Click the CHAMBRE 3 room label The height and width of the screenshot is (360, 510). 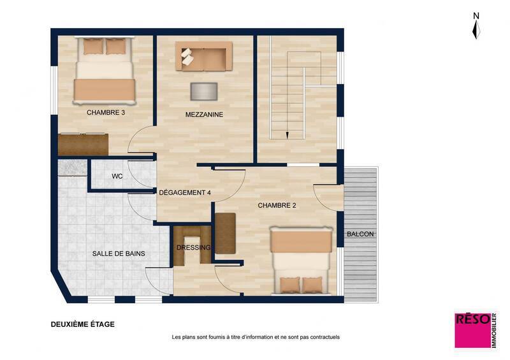pos(105,113)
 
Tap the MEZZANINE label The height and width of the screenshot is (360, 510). pos(205,115)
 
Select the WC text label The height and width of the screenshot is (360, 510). pos(117,176)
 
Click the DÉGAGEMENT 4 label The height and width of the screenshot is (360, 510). pos(185,192)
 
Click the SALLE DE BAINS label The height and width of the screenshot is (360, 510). pos(119,254)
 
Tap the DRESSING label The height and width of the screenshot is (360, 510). pos(193,248)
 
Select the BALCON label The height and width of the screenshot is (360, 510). pos(360,234)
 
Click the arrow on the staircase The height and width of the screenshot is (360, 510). pos(287,134)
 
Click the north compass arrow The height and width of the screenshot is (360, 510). pos(476,29)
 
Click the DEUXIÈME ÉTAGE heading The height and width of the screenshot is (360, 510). pos(83,324)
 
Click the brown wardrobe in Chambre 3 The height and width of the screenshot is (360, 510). pos(83,144)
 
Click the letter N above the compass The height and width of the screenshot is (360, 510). pos(476,15)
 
